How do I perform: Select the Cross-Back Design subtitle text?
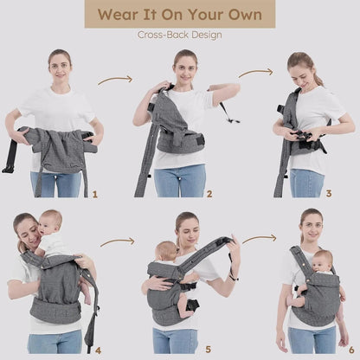pos(180,35)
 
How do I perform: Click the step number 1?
pos(94,194)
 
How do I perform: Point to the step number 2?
pos(209,194)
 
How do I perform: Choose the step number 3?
pos(328,194)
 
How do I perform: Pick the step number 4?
pos(97,350)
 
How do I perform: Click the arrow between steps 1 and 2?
pos(115,80)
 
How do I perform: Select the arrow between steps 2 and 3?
pos(254,73)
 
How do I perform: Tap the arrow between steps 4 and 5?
pos(118,242)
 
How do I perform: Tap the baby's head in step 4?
pos(49,223)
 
